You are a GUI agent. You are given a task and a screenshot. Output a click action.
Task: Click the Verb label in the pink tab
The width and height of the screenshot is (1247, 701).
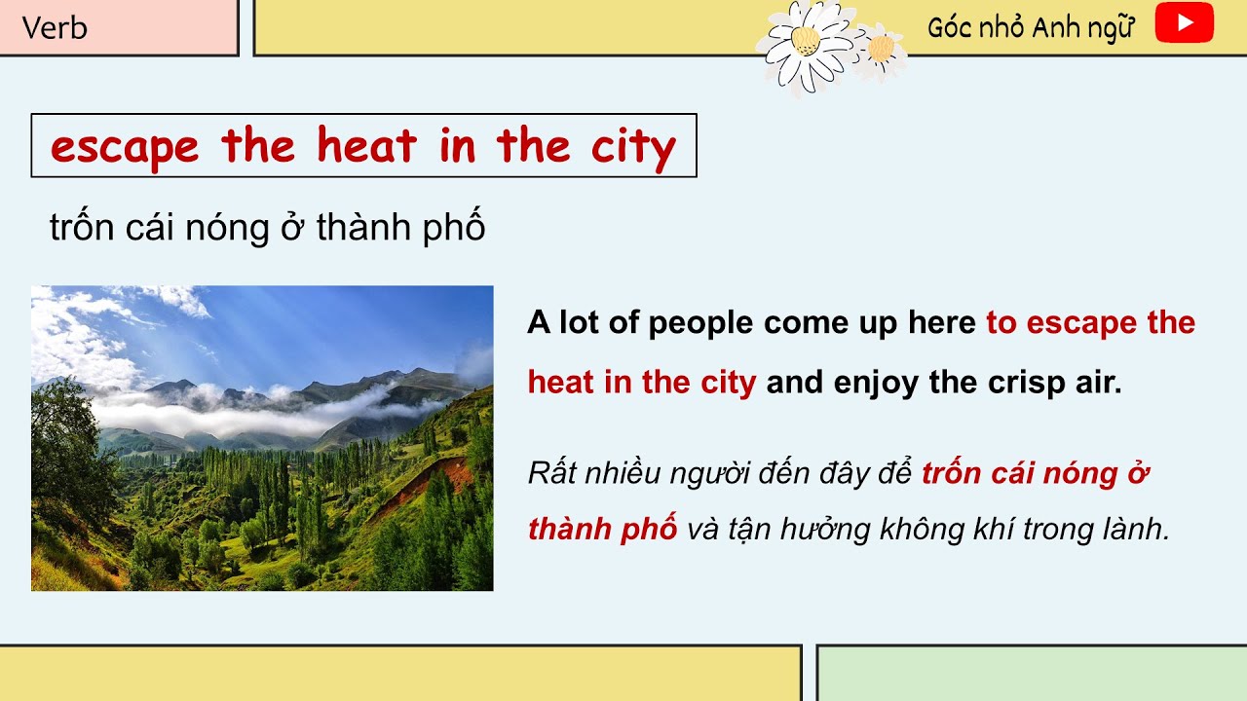coord(55,27)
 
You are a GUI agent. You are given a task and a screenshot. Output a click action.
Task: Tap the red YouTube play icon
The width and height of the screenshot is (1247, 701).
coord(1184,24)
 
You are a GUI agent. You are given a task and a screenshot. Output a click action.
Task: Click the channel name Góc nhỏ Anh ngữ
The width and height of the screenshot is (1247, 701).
coord(1032,27)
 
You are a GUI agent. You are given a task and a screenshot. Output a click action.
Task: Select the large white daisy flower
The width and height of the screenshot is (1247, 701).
coord(805,43)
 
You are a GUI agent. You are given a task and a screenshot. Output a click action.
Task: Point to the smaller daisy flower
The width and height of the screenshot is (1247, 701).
coord(881,49)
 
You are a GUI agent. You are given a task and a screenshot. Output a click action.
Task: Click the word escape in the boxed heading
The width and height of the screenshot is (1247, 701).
coord(125,147)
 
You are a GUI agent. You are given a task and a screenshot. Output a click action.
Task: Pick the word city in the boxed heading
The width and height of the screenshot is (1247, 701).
coord(633,147)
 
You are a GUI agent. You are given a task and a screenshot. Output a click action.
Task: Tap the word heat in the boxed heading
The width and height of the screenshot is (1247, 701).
coord(367,146)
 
